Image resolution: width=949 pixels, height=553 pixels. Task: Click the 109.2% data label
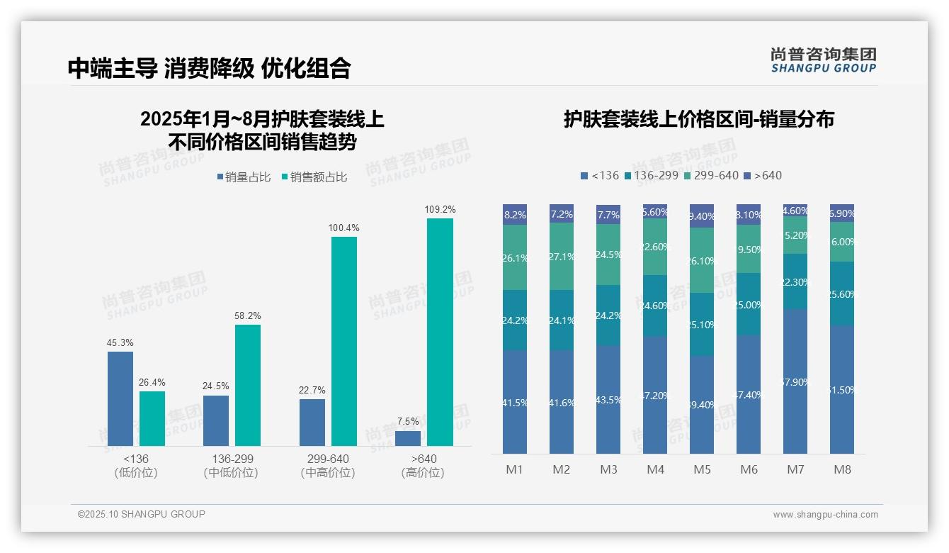[x=440, y=210]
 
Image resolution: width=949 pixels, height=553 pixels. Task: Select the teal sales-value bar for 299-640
[x=344, y=341]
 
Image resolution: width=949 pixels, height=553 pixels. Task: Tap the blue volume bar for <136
[x=120, y=398]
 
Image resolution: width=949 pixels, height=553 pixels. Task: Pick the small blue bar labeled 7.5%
[x=408, y=438]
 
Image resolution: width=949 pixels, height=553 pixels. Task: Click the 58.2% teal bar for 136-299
[x=248, y=385]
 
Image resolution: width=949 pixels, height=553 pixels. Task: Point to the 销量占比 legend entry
[x=244, y=177]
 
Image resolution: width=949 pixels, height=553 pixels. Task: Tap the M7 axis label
[x=795, y=469]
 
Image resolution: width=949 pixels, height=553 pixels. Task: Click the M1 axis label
[x=514, y=469]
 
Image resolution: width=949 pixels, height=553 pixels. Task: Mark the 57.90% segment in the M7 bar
[x=795, y=381]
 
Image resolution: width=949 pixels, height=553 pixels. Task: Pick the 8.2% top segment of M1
[x=515, y=215]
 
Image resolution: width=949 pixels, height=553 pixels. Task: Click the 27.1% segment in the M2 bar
[x=562, y=257]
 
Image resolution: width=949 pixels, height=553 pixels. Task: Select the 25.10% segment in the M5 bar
[x=702, y=324]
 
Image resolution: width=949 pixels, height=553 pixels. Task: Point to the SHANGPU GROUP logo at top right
[x=824, y=60]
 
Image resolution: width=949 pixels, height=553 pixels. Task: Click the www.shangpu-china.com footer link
[x=825, y=515]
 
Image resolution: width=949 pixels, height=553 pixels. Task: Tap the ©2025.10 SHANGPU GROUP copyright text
[x=142, y=514]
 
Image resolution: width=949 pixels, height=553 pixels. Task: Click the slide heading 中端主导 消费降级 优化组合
[x=209, y=68]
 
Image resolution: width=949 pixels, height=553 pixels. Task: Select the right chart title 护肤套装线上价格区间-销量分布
[x=698, y=119]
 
